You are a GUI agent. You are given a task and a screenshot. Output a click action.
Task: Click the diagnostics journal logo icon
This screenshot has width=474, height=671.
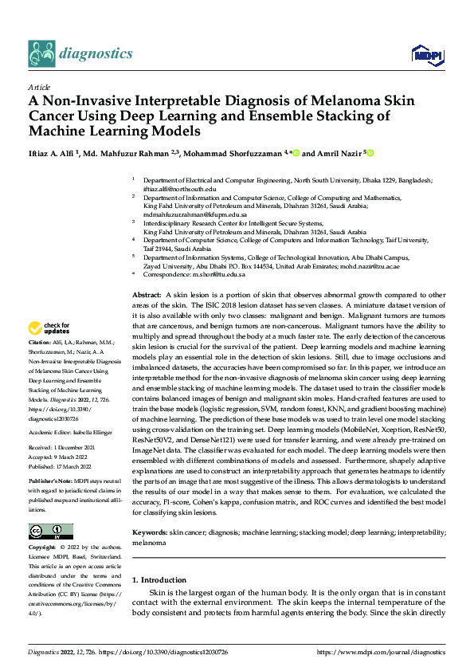click(41, 53)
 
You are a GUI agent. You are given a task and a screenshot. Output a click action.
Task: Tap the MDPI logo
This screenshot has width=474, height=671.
click(423, 54)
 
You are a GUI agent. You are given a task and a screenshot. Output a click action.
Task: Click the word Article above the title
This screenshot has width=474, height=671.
click(38, 86)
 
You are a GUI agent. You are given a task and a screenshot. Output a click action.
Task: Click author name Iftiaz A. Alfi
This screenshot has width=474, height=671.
click(55, 153)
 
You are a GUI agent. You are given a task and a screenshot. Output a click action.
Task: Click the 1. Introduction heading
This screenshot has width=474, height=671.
click(159, 580)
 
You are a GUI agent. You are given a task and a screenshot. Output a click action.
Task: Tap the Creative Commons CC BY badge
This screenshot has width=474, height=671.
click(50, 531)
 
